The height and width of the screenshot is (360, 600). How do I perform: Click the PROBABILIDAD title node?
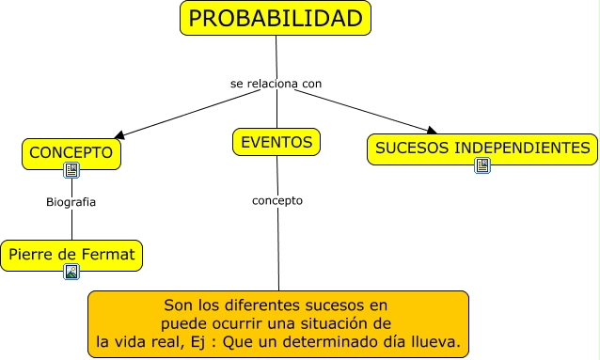275,19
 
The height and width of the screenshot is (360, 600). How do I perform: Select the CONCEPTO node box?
71,152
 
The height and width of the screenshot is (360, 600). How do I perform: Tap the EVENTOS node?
276,142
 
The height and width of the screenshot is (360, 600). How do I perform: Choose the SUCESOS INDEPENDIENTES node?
482,148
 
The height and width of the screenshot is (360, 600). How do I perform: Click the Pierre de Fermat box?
71,254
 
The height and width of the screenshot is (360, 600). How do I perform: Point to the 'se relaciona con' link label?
276,84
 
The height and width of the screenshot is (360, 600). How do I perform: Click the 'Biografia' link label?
71,201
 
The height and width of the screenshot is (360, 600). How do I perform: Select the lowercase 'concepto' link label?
277,200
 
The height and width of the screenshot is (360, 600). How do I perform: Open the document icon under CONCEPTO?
71,170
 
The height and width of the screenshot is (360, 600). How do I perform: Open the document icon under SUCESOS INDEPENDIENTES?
482,165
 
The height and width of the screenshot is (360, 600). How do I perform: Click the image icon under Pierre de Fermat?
71,272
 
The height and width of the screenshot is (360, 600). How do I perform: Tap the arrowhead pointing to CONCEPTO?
118,134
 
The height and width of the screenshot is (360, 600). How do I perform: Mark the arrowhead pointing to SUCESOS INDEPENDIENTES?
431,132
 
